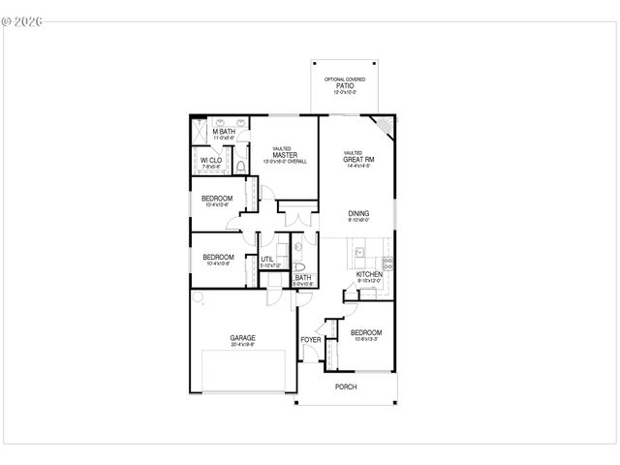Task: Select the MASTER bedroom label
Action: (x=285, y=155)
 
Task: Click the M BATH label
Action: (x=224, y=132)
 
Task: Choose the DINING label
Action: (x=359, y=213)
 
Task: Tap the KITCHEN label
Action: (x=369, y=274)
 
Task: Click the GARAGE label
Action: (x=242, y=338)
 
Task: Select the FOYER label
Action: (x=310, y=340)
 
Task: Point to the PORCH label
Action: (x=346, y=387)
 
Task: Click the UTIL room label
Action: (x=266, y=259)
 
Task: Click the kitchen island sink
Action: (x=358, y=254)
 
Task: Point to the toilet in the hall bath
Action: (x=299, y=265)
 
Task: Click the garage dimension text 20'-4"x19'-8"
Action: (x=242, y=345)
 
